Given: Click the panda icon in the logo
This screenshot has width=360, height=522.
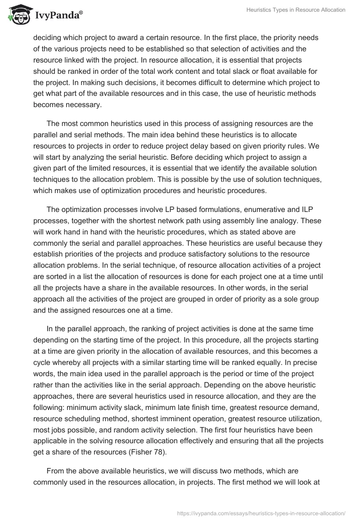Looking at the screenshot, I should click(18, 15).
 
